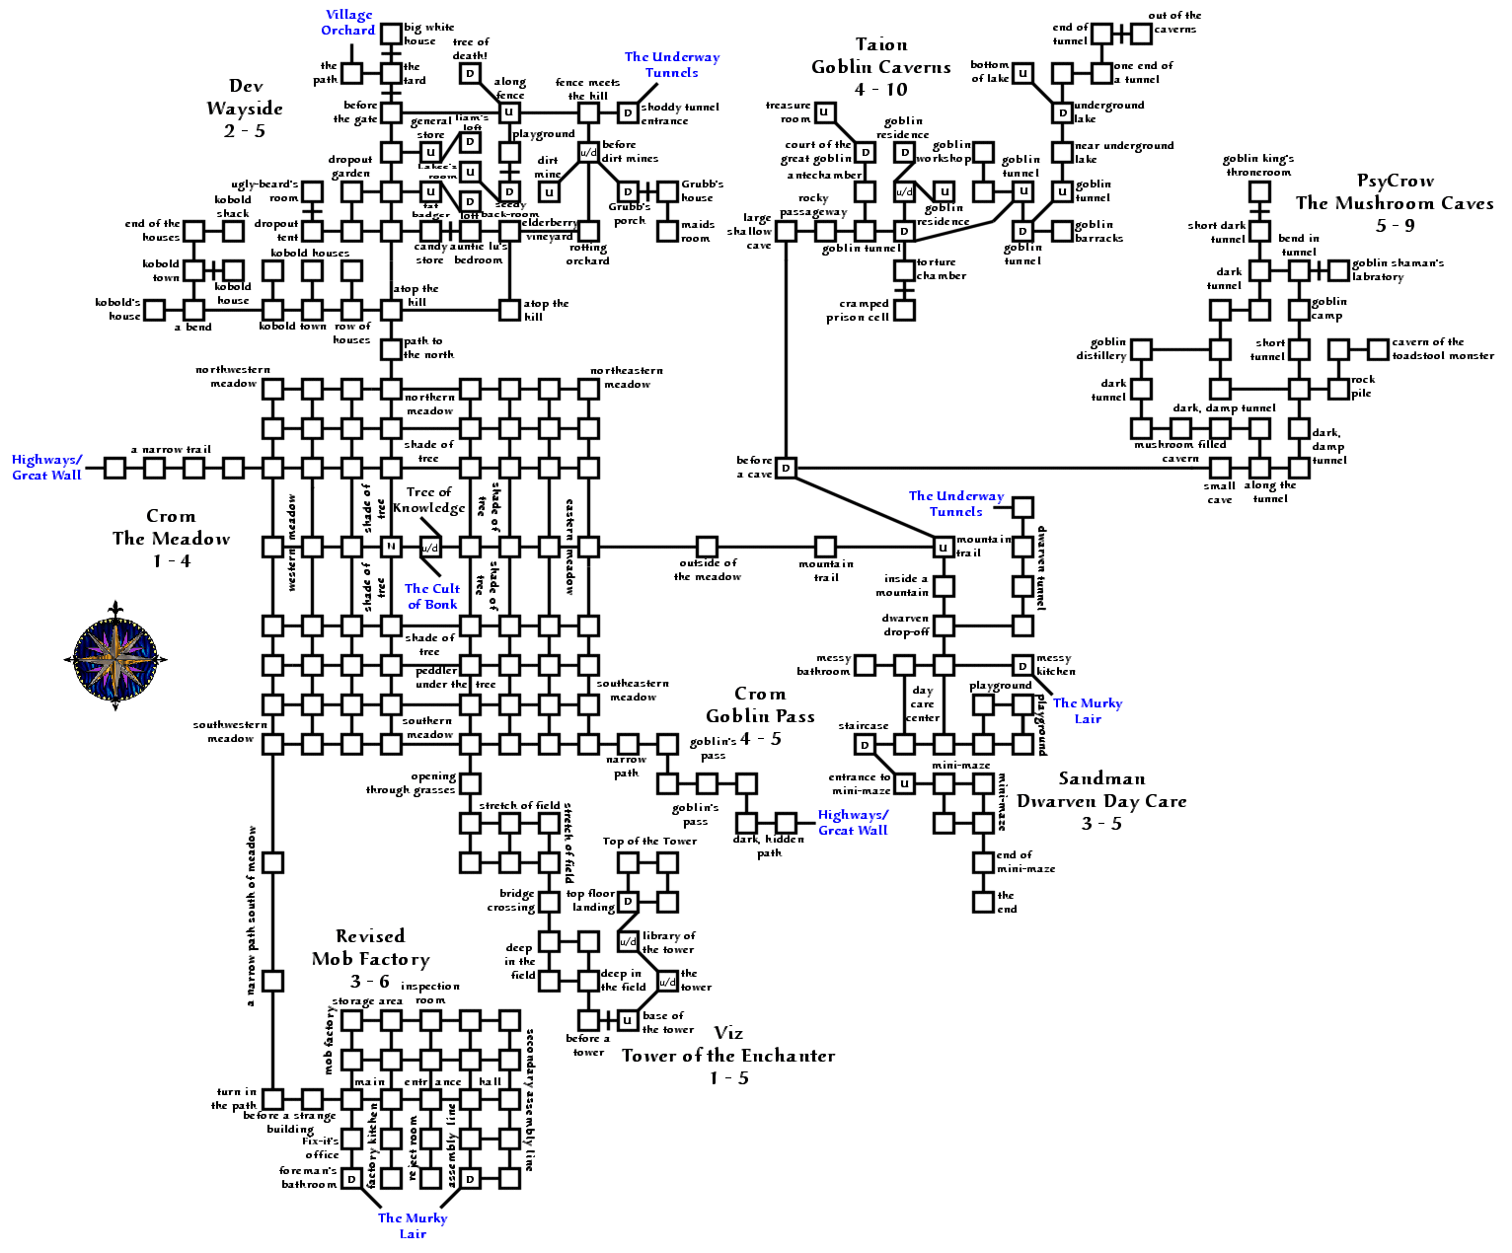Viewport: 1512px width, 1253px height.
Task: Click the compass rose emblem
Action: (116, 656)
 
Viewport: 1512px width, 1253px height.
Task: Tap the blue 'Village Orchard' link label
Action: (348, 23)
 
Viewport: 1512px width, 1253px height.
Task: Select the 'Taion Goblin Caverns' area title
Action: (880, 66)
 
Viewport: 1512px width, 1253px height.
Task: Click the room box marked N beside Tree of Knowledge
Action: (391, 547)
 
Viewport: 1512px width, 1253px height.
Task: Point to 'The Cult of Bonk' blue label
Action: (432, 596)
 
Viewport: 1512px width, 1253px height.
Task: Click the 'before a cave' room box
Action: (786, 468)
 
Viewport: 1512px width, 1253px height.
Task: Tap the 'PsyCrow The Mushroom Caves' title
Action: (1394, 202)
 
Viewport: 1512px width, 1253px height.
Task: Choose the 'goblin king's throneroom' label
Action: (1258, 165)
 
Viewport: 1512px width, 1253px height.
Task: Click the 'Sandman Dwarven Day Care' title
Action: (1101, 800)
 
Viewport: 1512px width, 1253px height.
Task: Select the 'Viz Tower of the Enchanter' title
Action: (728, 1055)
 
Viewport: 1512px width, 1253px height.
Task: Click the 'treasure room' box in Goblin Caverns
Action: (825, 112)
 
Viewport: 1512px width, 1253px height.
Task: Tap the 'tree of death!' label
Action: (471, 48)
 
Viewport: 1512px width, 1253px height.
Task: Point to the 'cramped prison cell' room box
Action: (904, 310)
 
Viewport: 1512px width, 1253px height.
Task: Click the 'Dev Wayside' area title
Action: (245, 108)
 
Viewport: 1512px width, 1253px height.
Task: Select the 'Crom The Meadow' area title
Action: (171, 538)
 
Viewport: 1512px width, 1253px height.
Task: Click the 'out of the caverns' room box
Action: (1141, 34)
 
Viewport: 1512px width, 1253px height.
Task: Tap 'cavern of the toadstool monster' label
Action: (1442, 348)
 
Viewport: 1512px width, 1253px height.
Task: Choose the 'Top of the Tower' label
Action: (649, 841)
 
